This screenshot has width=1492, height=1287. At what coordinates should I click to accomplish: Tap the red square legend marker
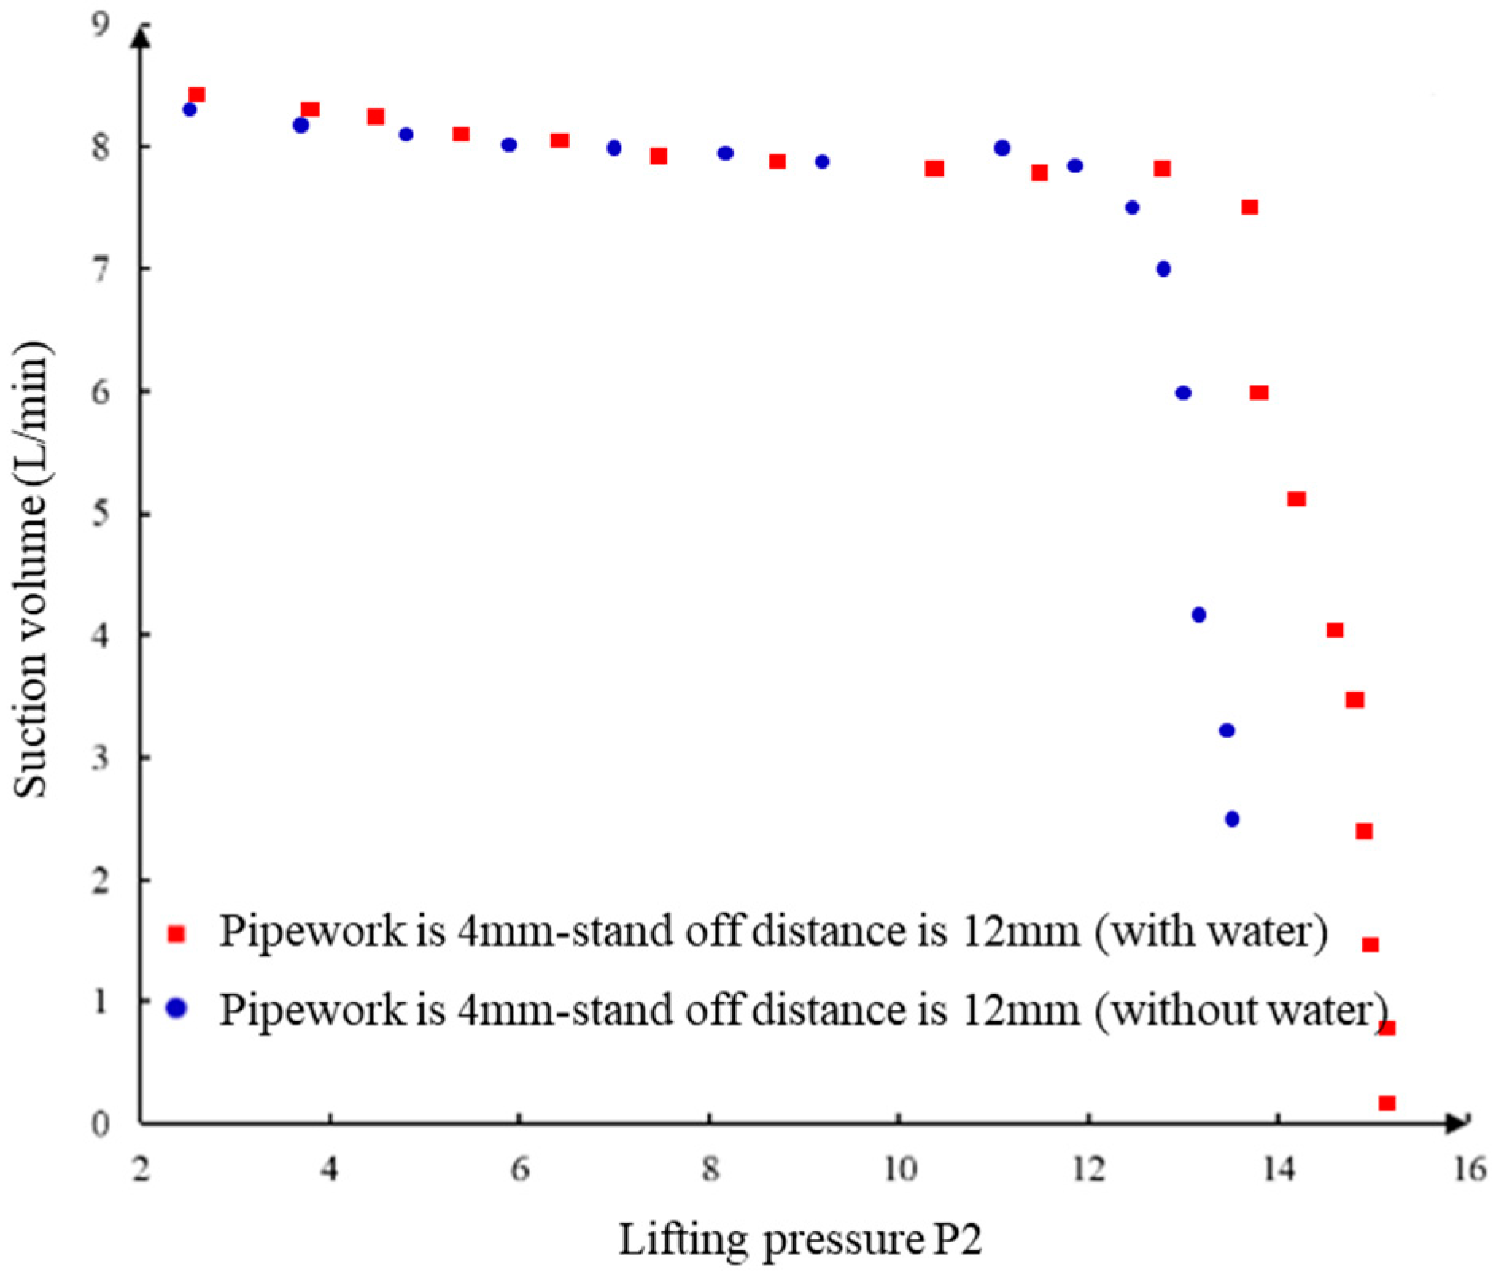pyautogui.click(x=176, y=933)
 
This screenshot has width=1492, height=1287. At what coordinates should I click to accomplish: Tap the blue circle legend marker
pyautogui.click(x=176, y=1008)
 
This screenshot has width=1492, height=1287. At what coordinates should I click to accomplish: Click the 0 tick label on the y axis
pyautogui.click(x=100, y=1123)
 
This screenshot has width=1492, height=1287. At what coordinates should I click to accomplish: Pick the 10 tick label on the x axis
pyautogui.click(x=900, y=1169)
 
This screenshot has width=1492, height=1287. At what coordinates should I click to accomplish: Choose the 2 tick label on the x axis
pyautogui.click(x=141, y=1169)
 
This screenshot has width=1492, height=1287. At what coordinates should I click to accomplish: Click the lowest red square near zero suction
pyautogui.click(x=1387, y=1103)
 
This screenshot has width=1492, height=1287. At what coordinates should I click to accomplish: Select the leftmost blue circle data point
pyautogui.click(x=189, y=109)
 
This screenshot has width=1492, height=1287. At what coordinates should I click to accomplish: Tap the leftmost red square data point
pyautogui.click(x=197, y=95)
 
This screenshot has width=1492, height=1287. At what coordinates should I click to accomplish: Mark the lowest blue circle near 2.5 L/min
pyautogui.click(x=1232, y=819)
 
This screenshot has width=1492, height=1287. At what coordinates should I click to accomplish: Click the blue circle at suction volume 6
pyautogui.click(x=1183, y=393)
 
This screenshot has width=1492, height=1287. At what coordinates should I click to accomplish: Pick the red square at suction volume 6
pyautogui.click(x=1259, y=392)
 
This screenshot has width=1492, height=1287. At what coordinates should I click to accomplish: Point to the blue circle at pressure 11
pyautogui.click(x=1002, y=148)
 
